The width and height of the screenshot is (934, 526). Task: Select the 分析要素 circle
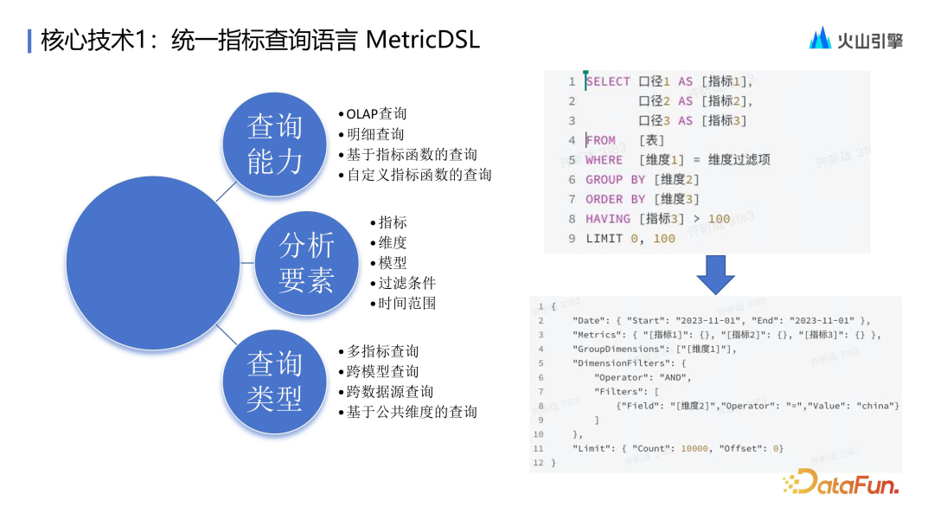(x=305, y=263)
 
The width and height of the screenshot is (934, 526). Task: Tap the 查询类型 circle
(x=274, y=382)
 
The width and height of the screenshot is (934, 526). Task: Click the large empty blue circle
(x=152, y=262)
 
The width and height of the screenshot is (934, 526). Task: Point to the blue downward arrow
(x=715, y=275)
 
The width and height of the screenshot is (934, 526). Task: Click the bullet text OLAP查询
(x=376, y=114)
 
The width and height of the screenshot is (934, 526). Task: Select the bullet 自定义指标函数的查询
(x=419, y=175)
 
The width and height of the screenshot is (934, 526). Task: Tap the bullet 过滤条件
(x=406, y=283)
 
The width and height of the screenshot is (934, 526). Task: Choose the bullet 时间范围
(x=406, y=303)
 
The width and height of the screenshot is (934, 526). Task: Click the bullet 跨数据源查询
(x=390, y=392)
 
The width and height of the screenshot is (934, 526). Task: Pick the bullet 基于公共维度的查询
(x=412, y=412)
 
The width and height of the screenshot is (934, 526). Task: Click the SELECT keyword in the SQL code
(x=608, y=81)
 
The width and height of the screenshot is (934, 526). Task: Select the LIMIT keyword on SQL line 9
(x=604, y=239)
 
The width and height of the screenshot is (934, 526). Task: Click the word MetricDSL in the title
(x=423, y=40)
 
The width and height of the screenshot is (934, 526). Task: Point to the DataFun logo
(x=840, y=482)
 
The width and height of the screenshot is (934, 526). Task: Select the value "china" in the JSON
(x=877, y=406)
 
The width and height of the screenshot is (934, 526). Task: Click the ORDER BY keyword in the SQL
(x=615, y=199)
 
